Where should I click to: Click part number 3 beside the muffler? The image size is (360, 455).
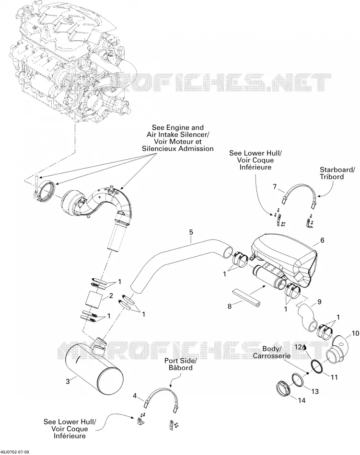(68, 381)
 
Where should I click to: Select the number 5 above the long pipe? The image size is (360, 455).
(191, 232)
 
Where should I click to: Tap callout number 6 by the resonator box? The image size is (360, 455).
(322, 240)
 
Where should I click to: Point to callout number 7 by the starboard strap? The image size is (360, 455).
(275, 186)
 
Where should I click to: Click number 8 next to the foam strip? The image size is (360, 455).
(229, 306)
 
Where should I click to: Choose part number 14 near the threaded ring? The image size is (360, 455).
(302, 400)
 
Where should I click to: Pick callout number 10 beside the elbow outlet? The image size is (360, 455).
(355, 333)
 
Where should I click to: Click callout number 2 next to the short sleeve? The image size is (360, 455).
(111, 296)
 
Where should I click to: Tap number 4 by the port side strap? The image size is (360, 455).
(135, 395)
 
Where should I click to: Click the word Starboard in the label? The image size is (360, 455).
(336, 170)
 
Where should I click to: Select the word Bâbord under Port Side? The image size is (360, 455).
(181, 368)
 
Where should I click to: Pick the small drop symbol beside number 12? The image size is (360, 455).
(304, 347)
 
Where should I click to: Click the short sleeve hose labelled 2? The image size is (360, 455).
(93, 299)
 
